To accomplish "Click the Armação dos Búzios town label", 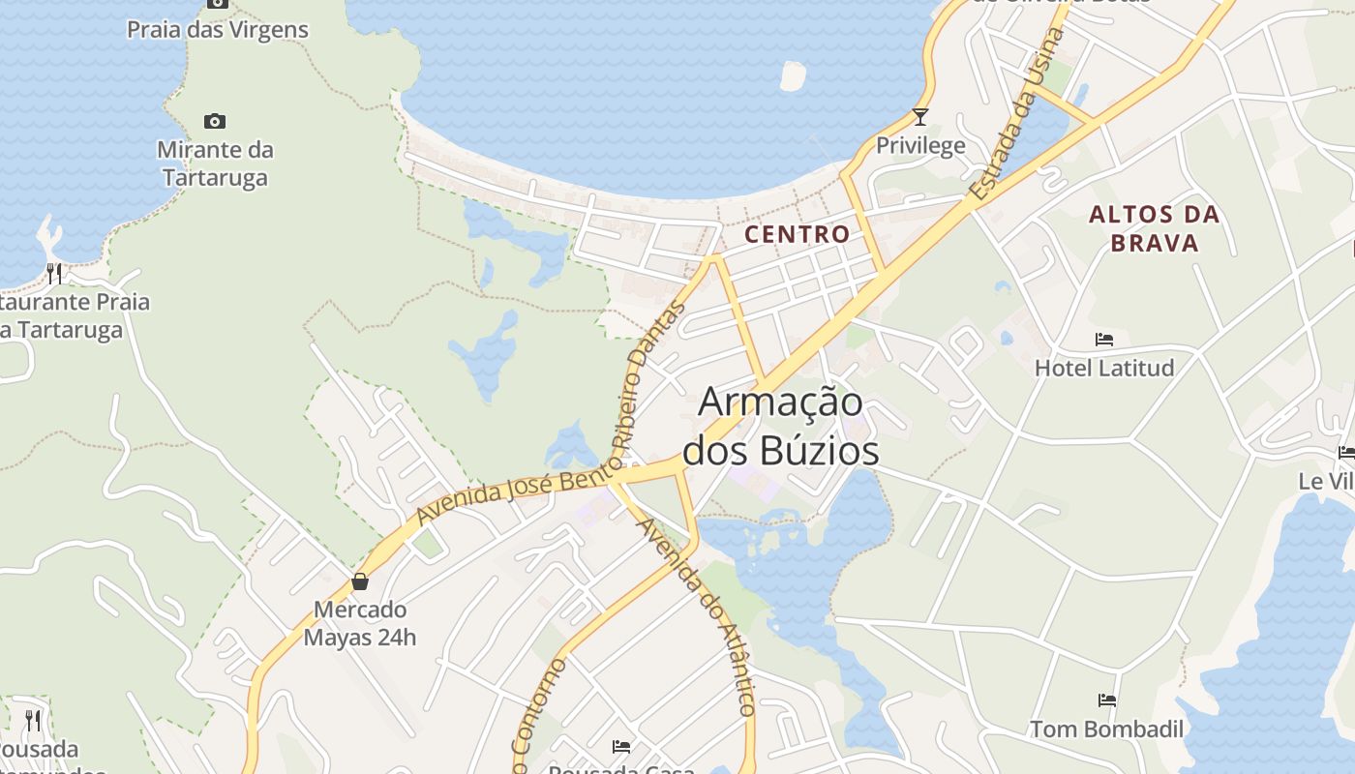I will (x=781, y=426).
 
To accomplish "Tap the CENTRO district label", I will (x=797, y=233).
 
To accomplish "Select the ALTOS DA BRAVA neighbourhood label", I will (x=1154, y=228).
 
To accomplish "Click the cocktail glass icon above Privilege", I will (x=920, y=117).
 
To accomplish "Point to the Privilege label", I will (x=920, y=145).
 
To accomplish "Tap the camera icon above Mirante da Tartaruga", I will (x=215, y=121).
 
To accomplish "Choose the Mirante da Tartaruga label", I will (x=215, y=164).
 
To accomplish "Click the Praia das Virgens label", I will (x=218, y=30).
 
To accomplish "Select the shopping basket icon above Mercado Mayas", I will (x=360, y=580).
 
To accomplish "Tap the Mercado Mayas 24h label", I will (x=360, y=623).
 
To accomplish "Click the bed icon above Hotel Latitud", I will (x=1104, y=340).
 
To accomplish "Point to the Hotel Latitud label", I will (x=1104, y=368).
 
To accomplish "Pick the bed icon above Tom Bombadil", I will (x=1107, y=700).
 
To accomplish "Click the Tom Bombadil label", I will (x=1106, y=729).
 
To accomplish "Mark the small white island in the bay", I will (x=793, y=76).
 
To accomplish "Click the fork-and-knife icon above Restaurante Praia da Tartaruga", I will (x=54, y=274).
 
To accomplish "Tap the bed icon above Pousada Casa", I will (x=621, y=746).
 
